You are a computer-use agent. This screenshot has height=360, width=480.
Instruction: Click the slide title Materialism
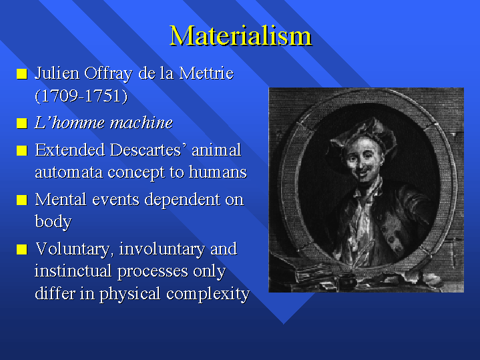(x=240, y=35)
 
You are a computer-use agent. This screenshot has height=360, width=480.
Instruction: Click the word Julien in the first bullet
(x=57, y=73)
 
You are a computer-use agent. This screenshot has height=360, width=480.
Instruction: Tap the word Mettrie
(x=206, y=73)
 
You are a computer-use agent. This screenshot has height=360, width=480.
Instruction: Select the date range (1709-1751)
(x=81, y=96)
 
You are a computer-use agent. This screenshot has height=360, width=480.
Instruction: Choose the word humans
(x=218, y=172)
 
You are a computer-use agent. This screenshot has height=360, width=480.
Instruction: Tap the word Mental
(x=61, y=200)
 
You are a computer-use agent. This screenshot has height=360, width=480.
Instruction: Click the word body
(x=53, y=222)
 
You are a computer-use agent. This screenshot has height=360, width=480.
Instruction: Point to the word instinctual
(x=73, y=271)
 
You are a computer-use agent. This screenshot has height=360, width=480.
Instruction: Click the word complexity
(x=208, y=294)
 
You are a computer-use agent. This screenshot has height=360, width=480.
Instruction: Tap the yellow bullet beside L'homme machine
(x=22, y=123)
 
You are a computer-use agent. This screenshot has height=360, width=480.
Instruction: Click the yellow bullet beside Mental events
(x=22, y=200)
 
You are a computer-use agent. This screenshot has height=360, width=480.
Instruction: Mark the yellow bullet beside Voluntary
(x=22, y=249)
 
